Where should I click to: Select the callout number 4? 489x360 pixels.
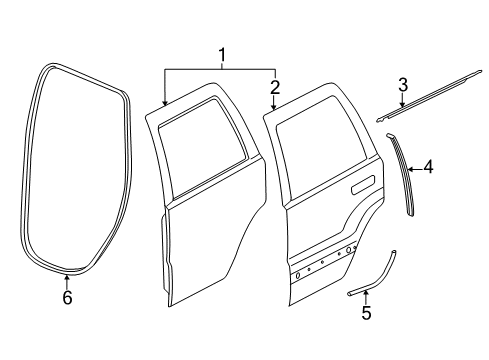click(428, 169)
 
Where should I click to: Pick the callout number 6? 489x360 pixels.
click(67, 297)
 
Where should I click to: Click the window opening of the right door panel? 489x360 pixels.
click(320, 140)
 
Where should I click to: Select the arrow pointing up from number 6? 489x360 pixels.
click(67, 277)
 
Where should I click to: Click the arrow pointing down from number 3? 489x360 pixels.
click(402, 103)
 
